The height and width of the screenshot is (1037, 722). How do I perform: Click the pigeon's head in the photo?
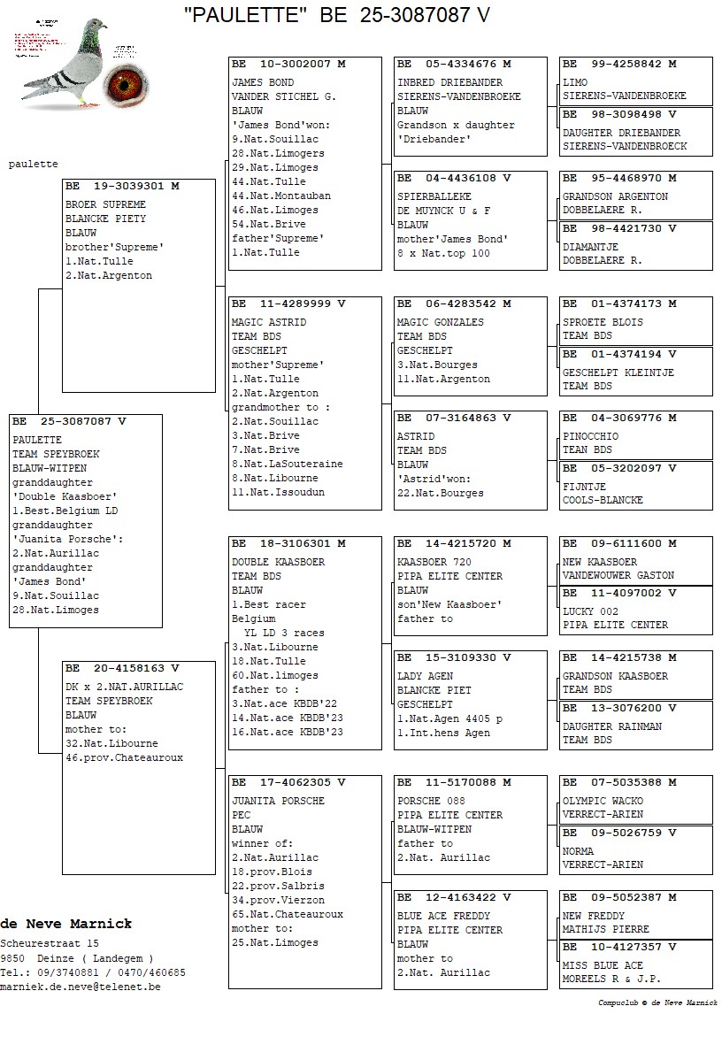pyautogui.click(x=91, y=33)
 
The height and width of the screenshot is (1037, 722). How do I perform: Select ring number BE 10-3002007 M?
pyautogui.click(x=288, y=64)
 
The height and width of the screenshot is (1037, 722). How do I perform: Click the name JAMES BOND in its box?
pyautogui.click(x=262, y=82)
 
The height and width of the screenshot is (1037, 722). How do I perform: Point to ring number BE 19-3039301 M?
pyautogui.click(x=122, y=186)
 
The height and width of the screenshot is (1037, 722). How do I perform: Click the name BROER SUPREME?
pyautogui.click(x=105, y=204)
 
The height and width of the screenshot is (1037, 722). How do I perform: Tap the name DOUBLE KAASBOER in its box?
pyautogui.click(x=278, y=562)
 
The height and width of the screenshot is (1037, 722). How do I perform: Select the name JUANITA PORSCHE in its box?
pyautogui.click(x=278, y=801)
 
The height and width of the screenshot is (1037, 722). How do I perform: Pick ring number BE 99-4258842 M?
pyautogui.click(x=619, y=64)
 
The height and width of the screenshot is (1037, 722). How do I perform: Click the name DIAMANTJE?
pyautogui.click(x=590, y=247)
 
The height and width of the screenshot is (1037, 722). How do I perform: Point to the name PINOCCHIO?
pyautogui.click(x=590, y=436)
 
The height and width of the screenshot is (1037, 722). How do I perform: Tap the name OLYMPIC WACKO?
pyautogui.click(x=603, y=801)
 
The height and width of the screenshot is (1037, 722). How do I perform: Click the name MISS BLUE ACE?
pyautogui.click(x=603, y=965)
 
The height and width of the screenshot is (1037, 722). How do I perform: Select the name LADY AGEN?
pyautogui.click(x=425, y=676)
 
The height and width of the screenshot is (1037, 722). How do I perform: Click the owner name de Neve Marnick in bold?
pyautogui.click(x=66, y=924)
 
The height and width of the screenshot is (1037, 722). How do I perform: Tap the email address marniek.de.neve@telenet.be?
pyautogui.click(x=81, y=987)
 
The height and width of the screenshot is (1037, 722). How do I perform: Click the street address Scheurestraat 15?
pyautogui.click(x=50, y=944)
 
